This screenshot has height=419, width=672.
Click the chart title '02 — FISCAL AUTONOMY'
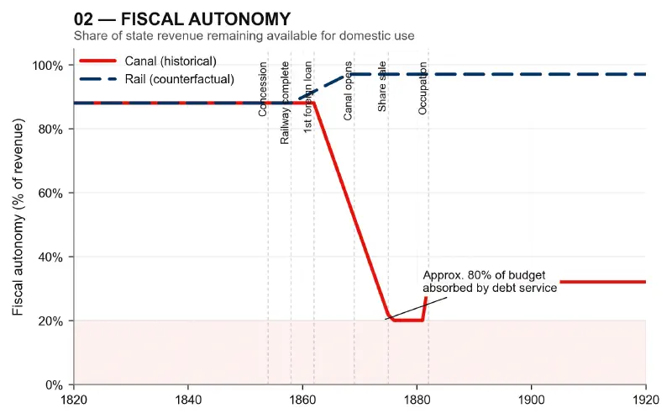(182, 19)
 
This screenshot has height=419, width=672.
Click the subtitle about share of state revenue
(244, 35)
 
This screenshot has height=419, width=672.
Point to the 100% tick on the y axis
(48, 66)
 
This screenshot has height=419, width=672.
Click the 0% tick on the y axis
(54, 385)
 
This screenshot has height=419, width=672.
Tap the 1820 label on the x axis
(74, 400)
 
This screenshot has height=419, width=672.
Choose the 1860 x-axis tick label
(302, 400)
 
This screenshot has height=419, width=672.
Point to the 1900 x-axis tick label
(531, 400)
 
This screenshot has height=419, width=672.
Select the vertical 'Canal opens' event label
(349, 90)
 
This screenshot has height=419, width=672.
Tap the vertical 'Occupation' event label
(423, 88)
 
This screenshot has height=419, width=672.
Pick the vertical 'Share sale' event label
(383, 86)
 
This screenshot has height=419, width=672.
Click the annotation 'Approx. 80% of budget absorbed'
(489, 282)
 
